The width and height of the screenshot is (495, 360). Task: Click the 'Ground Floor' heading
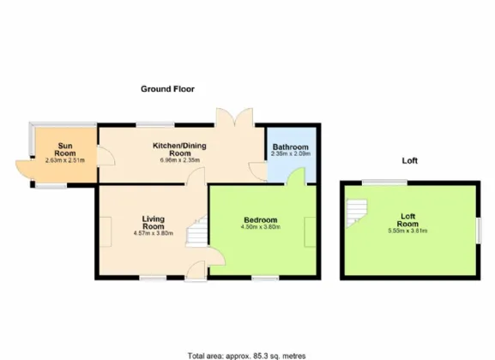(x=168, y=88)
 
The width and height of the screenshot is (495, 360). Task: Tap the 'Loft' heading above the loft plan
(x=408, y=161)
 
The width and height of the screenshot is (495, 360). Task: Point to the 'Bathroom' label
(x=290, y=147)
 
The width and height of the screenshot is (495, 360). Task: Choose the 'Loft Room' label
(x=407, y=220)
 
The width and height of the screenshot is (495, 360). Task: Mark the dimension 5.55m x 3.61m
(x=407, y=231)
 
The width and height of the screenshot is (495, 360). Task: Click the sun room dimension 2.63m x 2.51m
(x=64, y=160)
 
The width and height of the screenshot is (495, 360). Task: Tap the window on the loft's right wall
(x=478, y=229)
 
